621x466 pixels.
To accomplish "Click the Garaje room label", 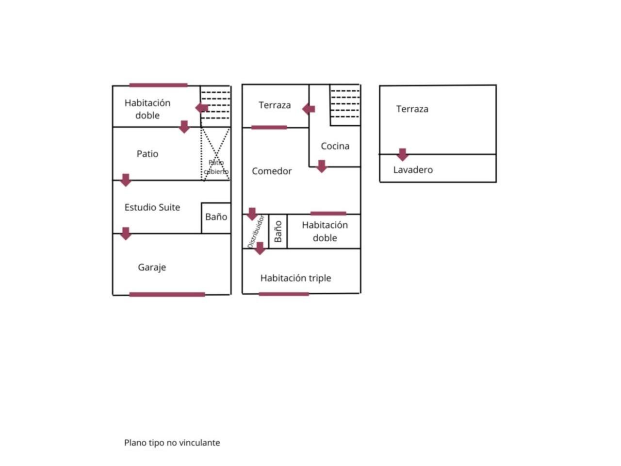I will click(x=152, y=267).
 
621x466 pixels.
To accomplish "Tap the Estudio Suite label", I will click(x=152, y=207).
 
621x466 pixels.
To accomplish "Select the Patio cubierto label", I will click(x=216, y=167).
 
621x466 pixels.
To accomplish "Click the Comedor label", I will click(x=272, y=171).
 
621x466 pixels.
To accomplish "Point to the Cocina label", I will click(x=335, y=146).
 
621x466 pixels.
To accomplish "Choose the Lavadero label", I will click(x=413, y=170).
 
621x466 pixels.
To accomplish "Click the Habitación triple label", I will click(x=295, y=278).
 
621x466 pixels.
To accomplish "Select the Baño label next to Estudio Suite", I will click(x=216, y=216).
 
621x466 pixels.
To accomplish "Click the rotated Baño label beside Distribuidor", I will click(x=278, y=232).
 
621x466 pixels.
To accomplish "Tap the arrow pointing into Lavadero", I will click(x=402, y=154).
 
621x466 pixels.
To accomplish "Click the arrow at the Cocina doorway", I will click(x=321, y=166).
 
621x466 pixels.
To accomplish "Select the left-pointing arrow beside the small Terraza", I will click(x=309, y=109).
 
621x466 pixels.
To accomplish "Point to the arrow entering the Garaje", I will click(x=126, y=233).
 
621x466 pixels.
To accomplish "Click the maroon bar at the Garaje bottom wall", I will click(x=167, y=294).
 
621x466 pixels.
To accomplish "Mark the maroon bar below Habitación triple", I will click(x=284, y=294).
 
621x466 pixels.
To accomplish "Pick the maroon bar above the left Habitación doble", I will click(x=158, y=85).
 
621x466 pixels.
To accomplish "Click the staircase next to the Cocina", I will click(x=345, y=105).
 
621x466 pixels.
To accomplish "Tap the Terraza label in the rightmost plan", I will click(x=412, y=109).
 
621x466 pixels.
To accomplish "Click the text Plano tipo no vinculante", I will click(x=172, y=443).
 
